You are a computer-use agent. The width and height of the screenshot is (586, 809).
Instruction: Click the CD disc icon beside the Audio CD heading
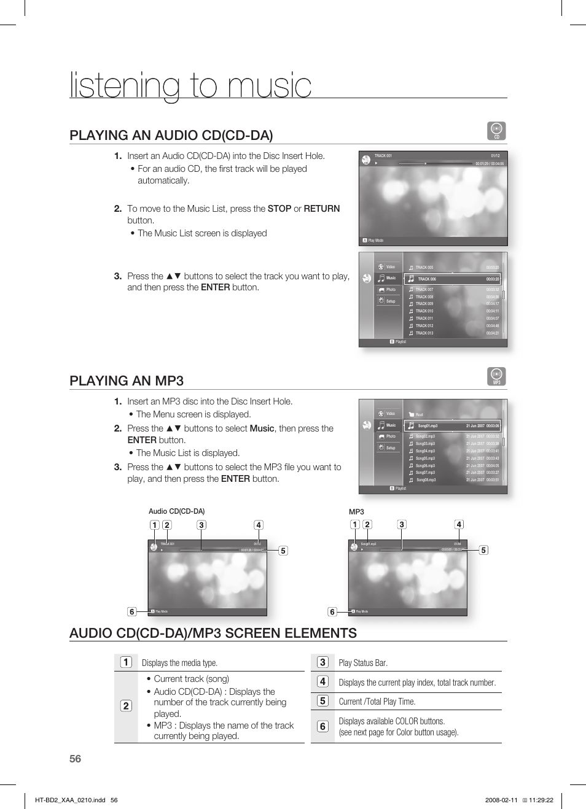pyautogui.click(x=496, y=131)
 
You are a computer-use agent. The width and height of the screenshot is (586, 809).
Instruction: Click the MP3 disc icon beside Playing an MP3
pyautogui.click(x=496, y=376)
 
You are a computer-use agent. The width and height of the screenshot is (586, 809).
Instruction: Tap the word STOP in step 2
pyautogui.click(x=279, y=209)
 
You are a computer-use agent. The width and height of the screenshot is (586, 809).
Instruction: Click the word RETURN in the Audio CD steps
pyautogui.click(x=321, y=209)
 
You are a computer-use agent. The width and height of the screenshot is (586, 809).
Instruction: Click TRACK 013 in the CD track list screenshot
pyautogui.click(x=424, y=333)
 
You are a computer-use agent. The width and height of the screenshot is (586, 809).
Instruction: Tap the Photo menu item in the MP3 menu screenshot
pyautogui.click(x=391, y=436)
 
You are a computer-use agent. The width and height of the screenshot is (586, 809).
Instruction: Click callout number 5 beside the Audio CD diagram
pyautogui.click(x=283, y=551)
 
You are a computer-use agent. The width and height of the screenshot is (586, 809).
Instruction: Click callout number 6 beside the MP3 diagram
pyautogui.click(x=332, y=611)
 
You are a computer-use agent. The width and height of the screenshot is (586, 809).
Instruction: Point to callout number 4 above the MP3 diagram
pyautogui.click(x=459, y=524)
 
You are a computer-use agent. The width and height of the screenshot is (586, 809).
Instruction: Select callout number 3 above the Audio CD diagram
pyautogui.click(x=201, y=525)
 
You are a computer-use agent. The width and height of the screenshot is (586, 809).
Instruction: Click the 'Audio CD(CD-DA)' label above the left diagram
pyautogui.click(x=176, y=511)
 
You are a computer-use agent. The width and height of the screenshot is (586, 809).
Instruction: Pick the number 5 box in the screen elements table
pyautogui.click(x=322, y=700)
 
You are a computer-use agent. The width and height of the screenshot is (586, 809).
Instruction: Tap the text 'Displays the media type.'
pyautogui.click(x=179, y=663)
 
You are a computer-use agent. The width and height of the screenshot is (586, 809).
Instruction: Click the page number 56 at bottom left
pyautogui.click(x=75, y=759)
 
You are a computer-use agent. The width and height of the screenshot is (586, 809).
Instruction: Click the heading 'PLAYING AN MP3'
pyautogui.click(x=127, y=381)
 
